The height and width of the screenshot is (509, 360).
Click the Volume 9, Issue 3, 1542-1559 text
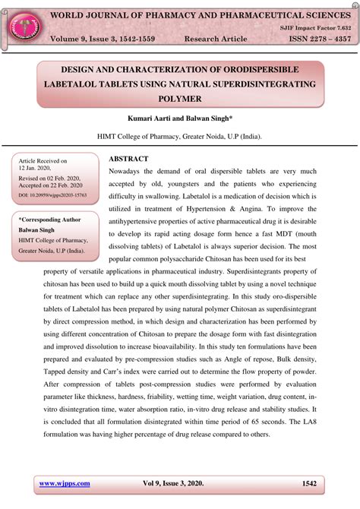(106, 38)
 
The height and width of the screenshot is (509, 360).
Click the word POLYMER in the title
(180, 99)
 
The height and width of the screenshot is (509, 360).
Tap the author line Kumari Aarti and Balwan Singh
(180, 120)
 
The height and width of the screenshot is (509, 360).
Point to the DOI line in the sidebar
(52, 195)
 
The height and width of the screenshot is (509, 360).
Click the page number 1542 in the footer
(309, 483)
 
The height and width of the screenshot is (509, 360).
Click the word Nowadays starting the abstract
(130, 172)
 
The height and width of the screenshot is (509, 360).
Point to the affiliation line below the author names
(180, 138)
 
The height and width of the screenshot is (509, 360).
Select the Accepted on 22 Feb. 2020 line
(50, 185)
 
